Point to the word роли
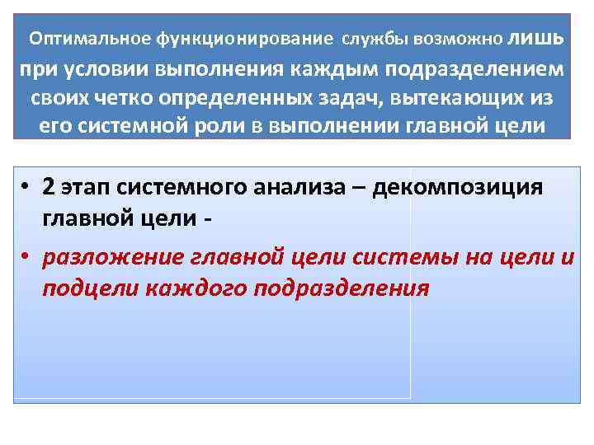tap(190, 128)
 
